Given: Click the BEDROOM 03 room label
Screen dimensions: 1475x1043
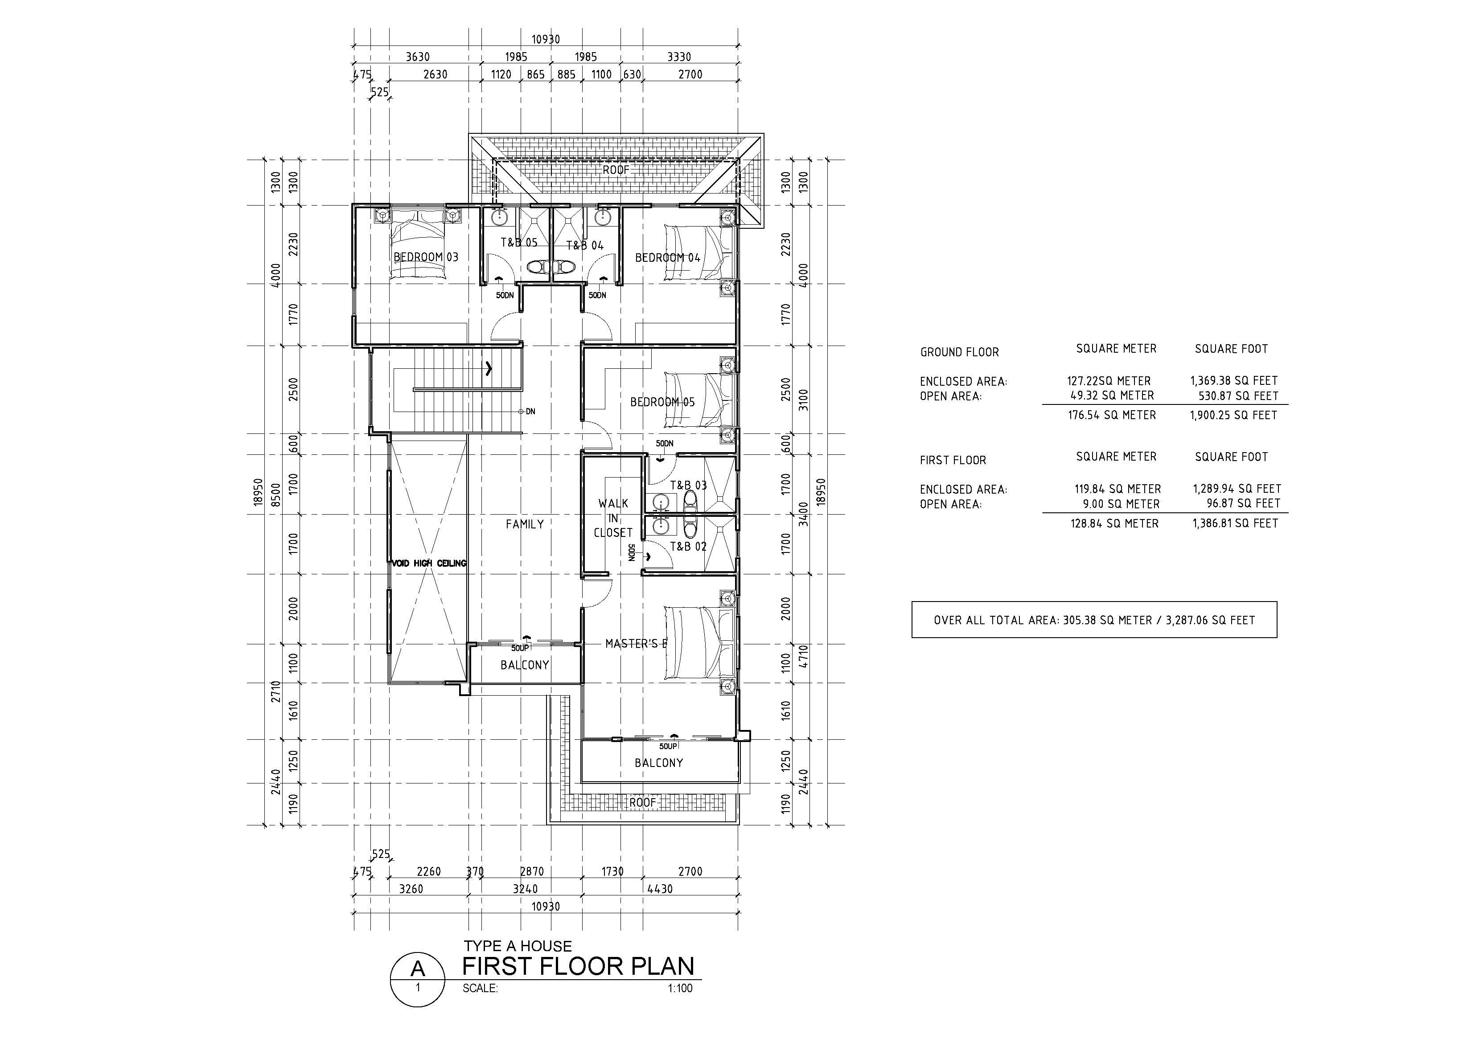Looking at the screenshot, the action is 426,257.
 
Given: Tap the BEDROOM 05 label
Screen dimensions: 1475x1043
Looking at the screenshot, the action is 662,402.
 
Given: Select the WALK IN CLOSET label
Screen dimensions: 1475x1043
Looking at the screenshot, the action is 613,518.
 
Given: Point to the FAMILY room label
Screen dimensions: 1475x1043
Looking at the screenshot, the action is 525,524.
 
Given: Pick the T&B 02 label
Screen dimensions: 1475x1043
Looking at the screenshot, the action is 688,547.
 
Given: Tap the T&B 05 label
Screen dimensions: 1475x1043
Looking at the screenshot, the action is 519,243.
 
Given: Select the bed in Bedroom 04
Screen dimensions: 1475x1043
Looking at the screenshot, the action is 698,253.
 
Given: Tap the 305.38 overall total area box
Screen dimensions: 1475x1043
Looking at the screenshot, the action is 1094,619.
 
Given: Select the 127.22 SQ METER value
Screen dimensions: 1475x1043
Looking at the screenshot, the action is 1109,381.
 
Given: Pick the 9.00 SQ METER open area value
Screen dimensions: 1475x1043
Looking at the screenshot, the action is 1121,504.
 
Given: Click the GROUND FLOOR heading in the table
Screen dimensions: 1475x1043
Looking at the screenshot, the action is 959,352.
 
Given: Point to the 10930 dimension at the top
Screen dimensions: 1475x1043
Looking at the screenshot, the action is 546,39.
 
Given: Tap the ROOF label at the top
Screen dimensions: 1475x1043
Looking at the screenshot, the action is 616,170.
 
